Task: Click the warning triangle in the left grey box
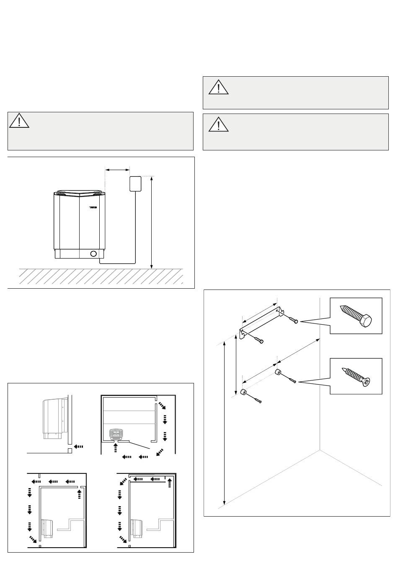(x=19, y=121)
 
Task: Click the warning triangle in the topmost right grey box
(x=218, y=87)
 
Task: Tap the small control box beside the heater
(x=135, y=184)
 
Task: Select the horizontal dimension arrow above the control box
(x=117, y=170)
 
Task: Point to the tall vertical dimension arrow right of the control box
(x=152, y=222)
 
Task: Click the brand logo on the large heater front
(x=93, y=207)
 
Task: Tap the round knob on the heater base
(x=93, y=253)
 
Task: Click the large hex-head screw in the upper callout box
(x=357, y=316)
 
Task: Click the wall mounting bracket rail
(x=260, y=322)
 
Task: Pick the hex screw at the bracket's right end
(x=293, y=321)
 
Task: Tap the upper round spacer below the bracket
(x=278, y=372)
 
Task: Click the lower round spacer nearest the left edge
(x=243, y=392)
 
